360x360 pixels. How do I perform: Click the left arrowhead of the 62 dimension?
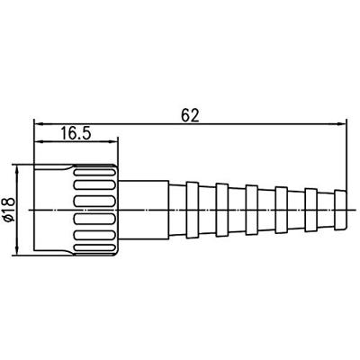(38, 123)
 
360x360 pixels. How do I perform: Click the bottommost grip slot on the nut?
(94, 245)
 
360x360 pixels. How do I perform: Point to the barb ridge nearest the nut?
(194, 208)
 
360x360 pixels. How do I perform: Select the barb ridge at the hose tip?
(340, 208)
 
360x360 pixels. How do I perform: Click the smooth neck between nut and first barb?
(144, 208)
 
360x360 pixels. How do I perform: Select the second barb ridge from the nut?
(222, 208)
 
